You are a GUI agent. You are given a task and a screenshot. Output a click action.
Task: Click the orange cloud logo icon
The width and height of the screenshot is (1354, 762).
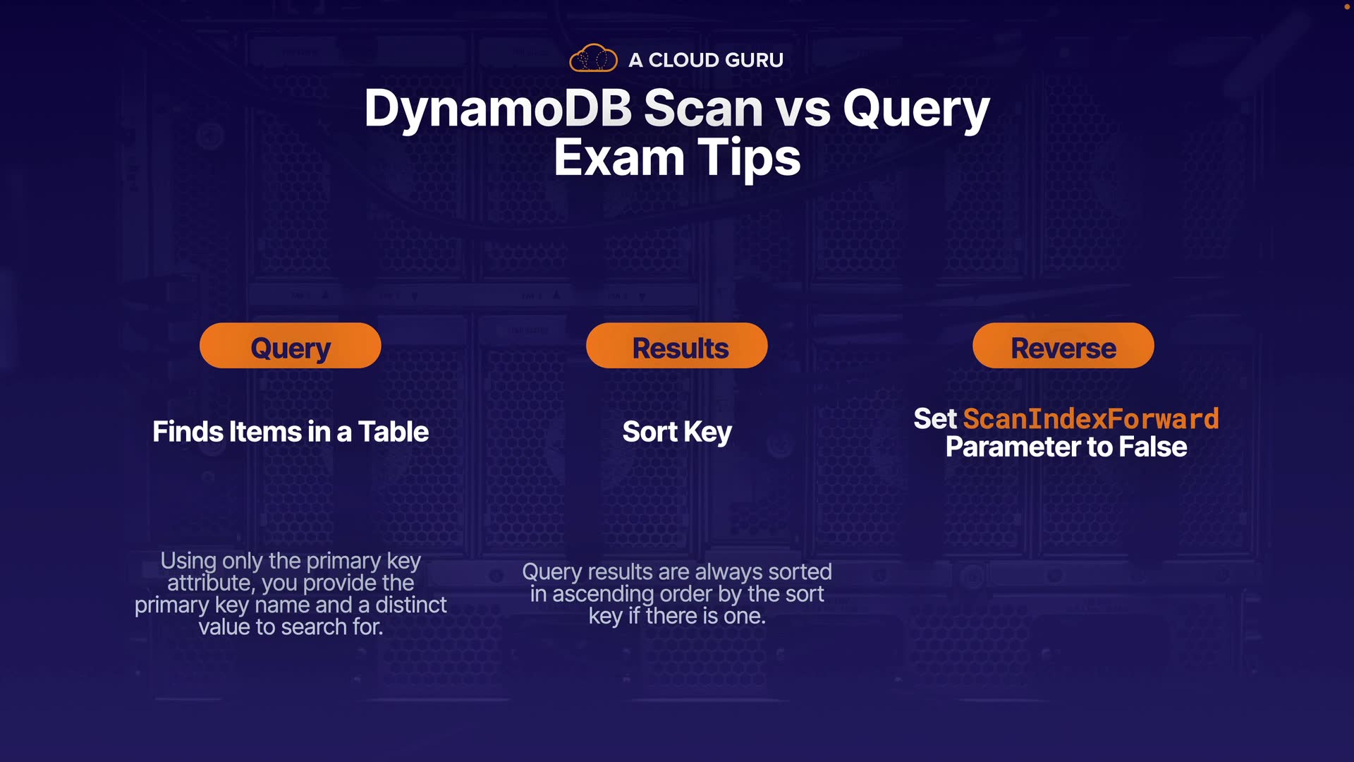point(593,59)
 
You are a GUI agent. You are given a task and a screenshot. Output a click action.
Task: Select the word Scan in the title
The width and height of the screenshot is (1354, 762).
point(703,109)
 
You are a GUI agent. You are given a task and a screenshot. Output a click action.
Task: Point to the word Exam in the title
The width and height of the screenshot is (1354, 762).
point(619,157)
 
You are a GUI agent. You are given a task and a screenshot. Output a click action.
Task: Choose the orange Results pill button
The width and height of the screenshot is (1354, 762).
point(677,346)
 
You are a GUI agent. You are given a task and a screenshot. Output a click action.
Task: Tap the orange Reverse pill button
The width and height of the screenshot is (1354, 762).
point(1063,346)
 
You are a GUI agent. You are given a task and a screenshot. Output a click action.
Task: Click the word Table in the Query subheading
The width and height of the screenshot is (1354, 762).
point(394,432)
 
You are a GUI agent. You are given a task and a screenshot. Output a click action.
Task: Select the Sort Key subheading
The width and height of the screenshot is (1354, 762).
point(677,433)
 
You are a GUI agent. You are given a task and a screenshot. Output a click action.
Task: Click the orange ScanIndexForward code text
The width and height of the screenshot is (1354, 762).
point(1091,419)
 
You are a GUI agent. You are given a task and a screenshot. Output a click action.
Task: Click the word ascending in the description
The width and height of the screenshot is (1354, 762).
point(603,595)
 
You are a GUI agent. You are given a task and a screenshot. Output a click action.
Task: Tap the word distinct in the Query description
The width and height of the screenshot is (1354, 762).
point(411,605)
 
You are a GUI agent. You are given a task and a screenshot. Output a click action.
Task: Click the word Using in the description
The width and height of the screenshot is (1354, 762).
point(188,562)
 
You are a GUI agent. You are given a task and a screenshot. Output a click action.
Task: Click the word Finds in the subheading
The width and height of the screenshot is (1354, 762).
point(187,432)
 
